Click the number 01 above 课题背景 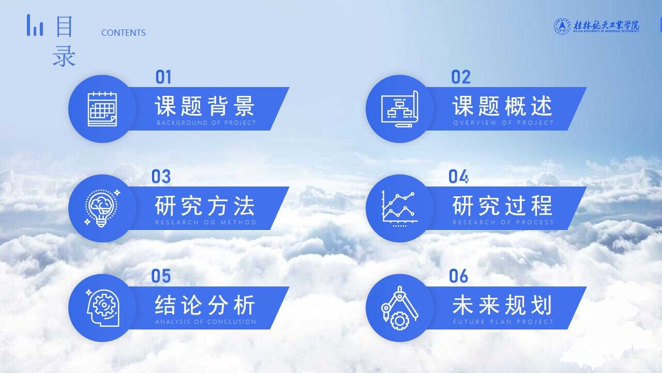point(163,78)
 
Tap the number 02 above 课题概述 point(461,78)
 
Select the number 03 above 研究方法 point(161,177)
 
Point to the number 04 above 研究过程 point(458,177)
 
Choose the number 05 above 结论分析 point(161,277)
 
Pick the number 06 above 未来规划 point(458,277)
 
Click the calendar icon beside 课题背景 point(102,109)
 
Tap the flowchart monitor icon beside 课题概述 point(399,109)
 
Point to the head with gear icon point(102,308)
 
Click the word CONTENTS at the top point(124,33)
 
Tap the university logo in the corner point(596,26)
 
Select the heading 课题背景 point(205,106)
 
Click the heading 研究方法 point(205,206)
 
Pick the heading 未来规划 point(503,305)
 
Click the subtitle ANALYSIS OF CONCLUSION point(206,322)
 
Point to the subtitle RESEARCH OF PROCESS point(503,222)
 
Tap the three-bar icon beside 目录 point(35,25)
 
